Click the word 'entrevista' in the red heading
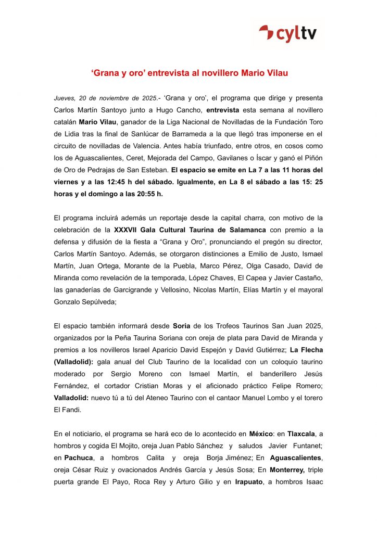(x=169, y=73)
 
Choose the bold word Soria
(x=181, y=326)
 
